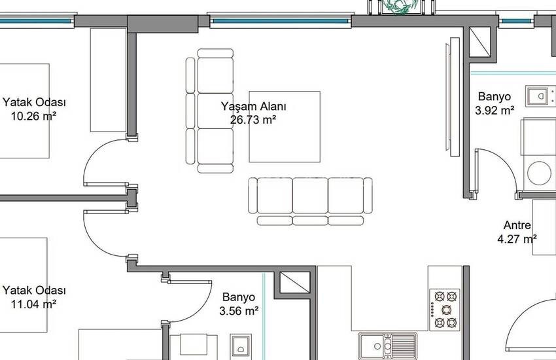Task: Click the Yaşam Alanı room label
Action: pos(253,106)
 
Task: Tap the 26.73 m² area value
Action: pos(253,120)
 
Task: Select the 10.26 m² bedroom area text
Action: pos(33,116)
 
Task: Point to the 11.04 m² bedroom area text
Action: pos(33,304)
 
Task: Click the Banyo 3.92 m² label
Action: pos(495,103)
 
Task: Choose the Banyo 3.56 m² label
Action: pos(239,304)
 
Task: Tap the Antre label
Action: pos(517,225)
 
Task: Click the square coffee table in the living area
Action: pos(285,126)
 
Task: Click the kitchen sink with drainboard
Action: pos(388,346)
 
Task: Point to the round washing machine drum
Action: pos(540,173)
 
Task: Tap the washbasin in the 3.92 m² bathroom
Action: pos(540,96)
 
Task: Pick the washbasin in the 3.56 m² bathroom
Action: pos(241,345)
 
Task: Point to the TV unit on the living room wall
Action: pos(453,96)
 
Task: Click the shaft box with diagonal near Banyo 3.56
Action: pos(295,282)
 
